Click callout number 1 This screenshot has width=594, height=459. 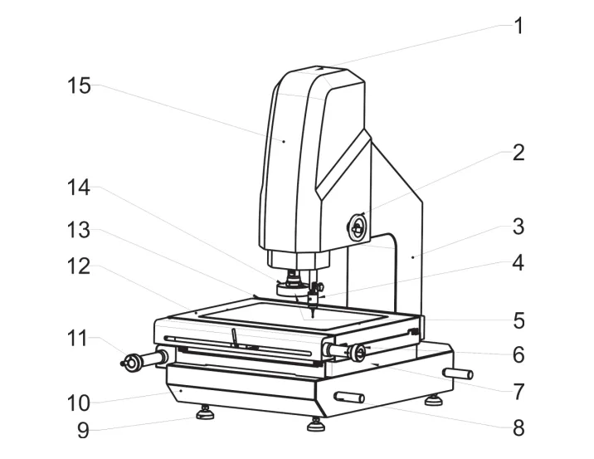pyautogui.click(x=518, y=26)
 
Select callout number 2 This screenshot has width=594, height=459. pyautogui.click(x=518, y=154)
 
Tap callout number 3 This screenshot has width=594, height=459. pyautogui.click(x=518, y=226)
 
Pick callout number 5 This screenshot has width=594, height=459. pyautogui.click(x=518, y=320)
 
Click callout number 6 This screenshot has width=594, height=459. pyautogui.click(x=518, y=354)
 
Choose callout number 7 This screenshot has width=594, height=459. pyautogui.click(x=518, y=389)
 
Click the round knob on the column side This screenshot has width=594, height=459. pyautogui.click(x=356, y=227)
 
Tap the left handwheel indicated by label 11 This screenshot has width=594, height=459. pyautogui.click(x=132, y=362)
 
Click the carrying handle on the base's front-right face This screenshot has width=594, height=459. pyautogui.click(x=348, y=398)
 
